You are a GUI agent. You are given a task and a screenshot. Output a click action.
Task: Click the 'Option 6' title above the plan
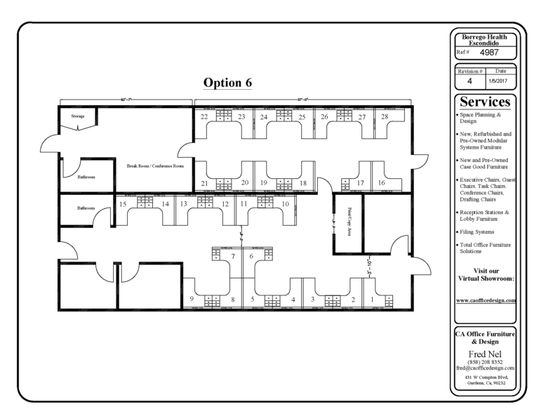(227, 83)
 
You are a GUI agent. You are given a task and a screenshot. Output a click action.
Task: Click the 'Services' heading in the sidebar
(486, 102)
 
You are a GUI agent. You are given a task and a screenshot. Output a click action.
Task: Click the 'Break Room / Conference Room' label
(154, 166)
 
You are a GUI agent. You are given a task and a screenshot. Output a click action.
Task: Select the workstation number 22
(204, 116)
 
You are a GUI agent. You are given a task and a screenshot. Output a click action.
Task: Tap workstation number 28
(385, 116)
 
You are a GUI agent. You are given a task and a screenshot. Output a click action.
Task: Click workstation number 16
(381, 183)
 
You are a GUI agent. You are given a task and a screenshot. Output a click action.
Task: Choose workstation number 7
(233, 256)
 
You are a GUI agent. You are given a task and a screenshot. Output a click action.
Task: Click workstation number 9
(192, 300)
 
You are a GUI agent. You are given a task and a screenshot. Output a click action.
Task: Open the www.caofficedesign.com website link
(486, 300)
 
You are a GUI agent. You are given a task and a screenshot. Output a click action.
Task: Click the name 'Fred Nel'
(486, 353)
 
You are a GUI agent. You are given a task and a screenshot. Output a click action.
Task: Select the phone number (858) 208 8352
(486, 361)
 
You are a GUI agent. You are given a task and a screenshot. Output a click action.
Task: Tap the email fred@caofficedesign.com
(486, 368)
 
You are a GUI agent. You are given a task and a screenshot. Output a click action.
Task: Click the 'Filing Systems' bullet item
(477, 232)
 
